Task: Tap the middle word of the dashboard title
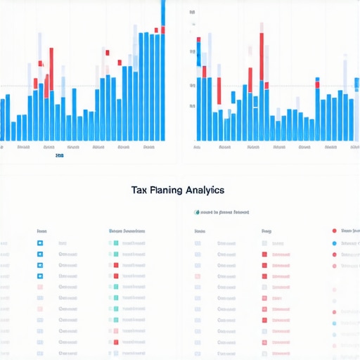164,190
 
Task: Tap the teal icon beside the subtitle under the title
196,212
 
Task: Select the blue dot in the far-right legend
334,243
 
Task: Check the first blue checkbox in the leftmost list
40,243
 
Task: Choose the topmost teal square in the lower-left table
115,243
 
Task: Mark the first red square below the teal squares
115,265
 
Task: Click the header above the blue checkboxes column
42,231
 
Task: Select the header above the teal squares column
127,231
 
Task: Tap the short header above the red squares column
266,231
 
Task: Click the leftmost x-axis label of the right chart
197,148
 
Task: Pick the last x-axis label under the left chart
148,148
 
